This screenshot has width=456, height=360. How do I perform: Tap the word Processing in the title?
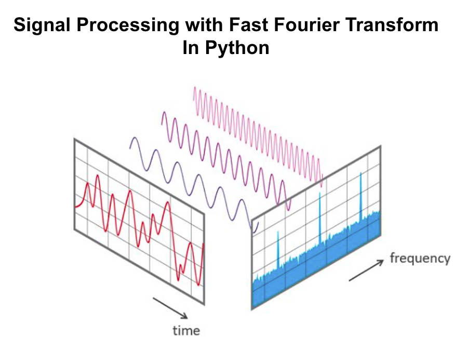[x=128, y=25]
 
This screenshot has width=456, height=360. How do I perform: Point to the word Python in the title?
[x=237, y=48]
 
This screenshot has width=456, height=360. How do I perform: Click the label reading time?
[x=186, y=330]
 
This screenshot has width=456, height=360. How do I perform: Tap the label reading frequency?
[x=420, y=259]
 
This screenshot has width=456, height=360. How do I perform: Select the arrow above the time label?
[x=170, y=308]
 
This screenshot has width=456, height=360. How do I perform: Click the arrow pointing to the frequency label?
[x=367, y=270]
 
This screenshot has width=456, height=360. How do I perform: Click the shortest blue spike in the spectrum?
[x=278, y=249]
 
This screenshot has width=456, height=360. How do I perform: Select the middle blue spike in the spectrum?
[x=320, y=217]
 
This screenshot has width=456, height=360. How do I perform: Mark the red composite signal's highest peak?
[x=98, y=176]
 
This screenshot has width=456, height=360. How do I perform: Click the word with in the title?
[x=204, y=25]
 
